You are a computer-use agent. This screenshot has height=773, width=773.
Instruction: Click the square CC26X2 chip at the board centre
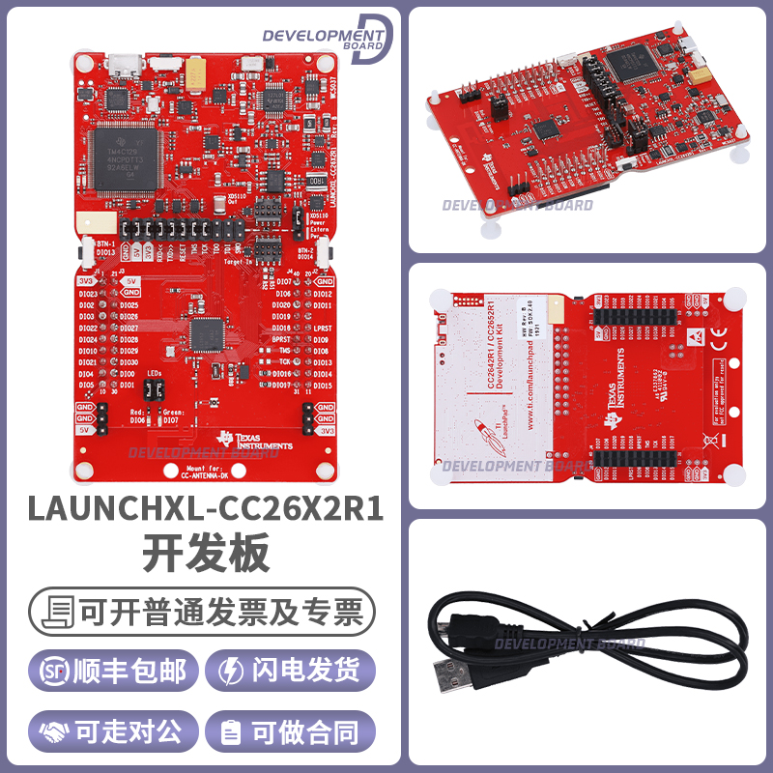click(x=205, y=334)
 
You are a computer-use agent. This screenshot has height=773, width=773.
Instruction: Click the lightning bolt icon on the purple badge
click(x=233, y=672)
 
